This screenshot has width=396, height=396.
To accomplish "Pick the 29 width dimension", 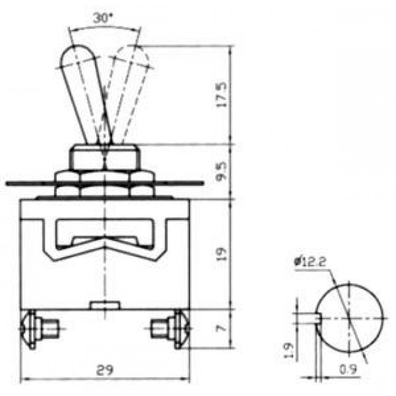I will (x=105, y=370).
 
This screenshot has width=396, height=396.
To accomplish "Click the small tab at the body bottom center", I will (x=105, y=305).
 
